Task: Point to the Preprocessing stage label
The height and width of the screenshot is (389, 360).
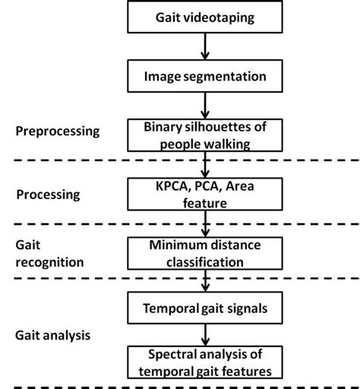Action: (x=57, y=131)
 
